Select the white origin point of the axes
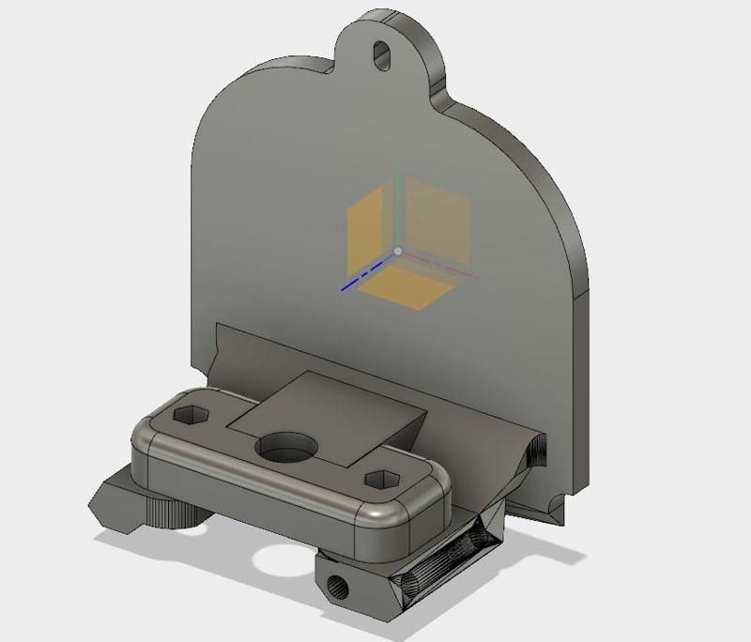point(398,252)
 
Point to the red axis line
point(441,267)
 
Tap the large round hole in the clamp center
point(283,448)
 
